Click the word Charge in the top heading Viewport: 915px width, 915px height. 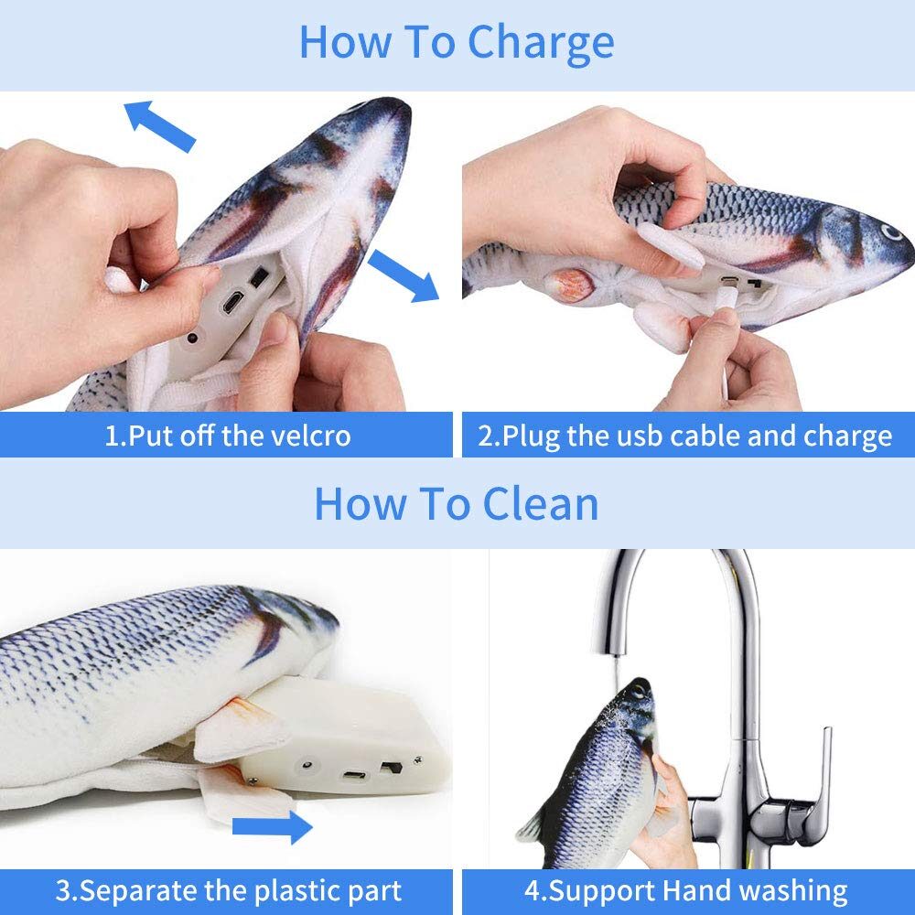541,43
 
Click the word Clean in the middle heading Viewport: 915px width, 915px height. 541,504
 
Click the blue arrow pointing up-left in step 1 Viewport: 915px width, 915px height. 159,125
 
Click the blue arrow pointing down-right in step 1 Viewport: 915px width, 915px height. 404,275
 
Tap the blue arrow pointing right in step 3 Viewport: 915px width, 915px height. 272,827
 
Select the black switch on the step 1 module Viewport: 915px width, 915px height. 259,276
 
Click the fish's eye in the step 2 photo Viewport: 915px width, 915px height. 891,232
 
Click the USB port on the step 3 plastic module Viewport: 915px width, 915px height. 354,776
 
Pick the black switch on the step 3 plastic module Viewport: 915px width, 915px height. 392,767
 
